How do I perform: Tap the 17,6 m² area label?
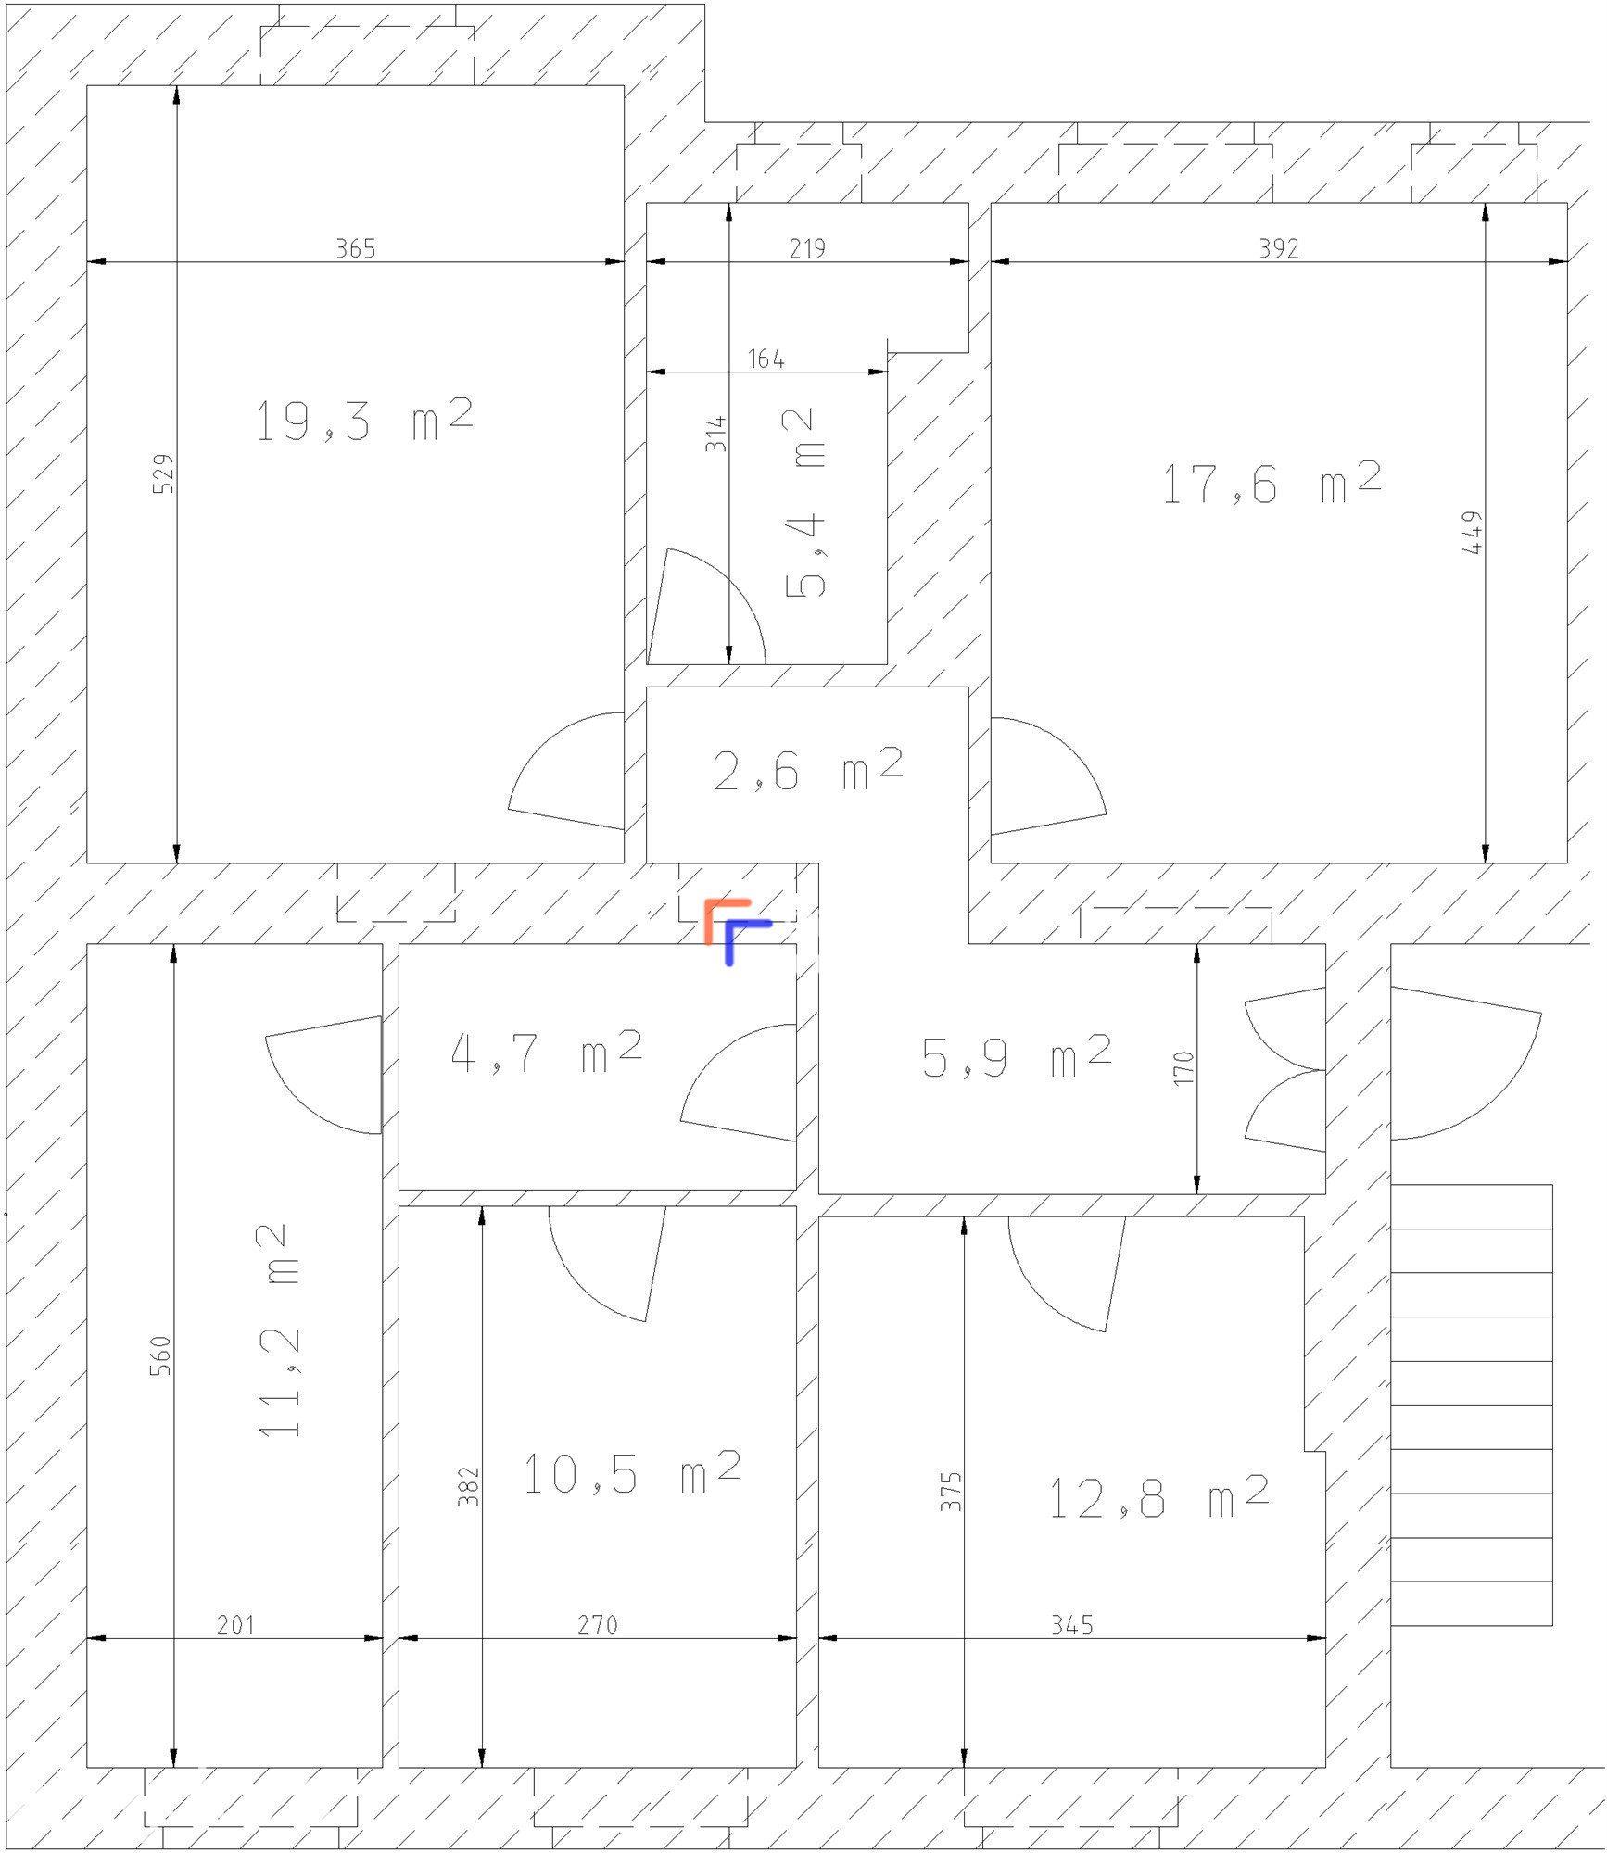coord(1272,483)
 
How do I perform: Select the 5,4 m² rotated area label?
coord(803,503)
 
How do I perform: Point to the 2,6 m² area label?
coord(807,769)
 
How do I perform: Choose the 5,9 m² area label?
coord(1017,1056)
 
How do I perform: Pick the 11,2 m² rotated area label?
coord(278,1330)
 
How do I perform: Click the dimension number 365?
coord(356,248)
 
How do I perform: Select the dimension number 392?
coord(1279,248)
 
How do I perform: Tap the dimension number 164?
coord(766,359)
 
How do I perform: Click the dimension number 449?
coord(1472,533)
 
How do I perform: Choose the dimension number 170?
coord(1183,1068)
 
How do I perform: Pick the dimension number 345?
coord(1072,1650)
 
